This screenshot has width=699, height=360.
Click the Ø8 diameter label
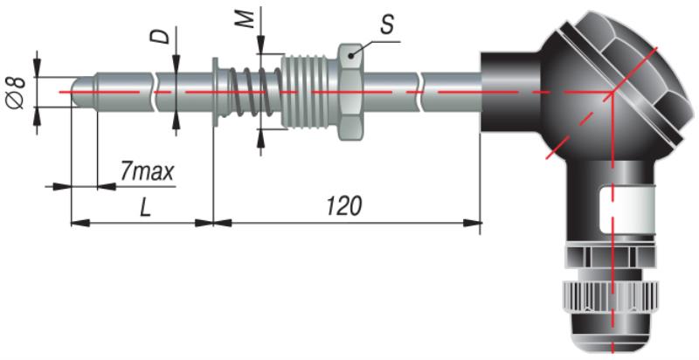tap(16, 93)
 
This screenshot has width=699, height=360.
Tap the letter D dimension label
tap(160, 36)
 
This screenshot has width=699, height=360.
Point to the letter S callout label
tap(387, 25)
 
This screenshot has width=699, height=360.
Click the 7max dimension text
tap(147, 171)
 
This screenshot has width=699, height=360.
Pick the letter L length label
tap(145, 209)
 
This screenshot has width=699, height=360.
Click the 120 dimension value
tap(344, 207)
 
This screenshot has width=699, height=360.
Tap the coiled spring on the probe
tap(251, 93)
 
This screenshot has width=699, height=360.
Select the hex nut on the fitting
tap(351, 92)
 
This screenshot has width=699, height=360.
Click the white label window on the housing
tap(627, 210)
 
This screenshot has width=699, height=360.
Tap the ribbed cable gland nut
tap(611, 296)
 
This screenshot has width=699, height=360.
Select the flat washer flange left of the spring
tap(215, 93)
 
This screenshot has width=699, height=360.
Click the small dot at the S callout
tap(352, 56)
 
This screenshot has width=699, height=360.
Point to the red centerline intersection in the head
tap(613, 93)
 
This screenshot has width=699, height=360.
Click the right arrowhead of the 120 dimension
tap(473, 223)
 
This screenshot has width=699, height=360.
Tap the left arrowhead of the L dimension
tap(80, 223)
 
